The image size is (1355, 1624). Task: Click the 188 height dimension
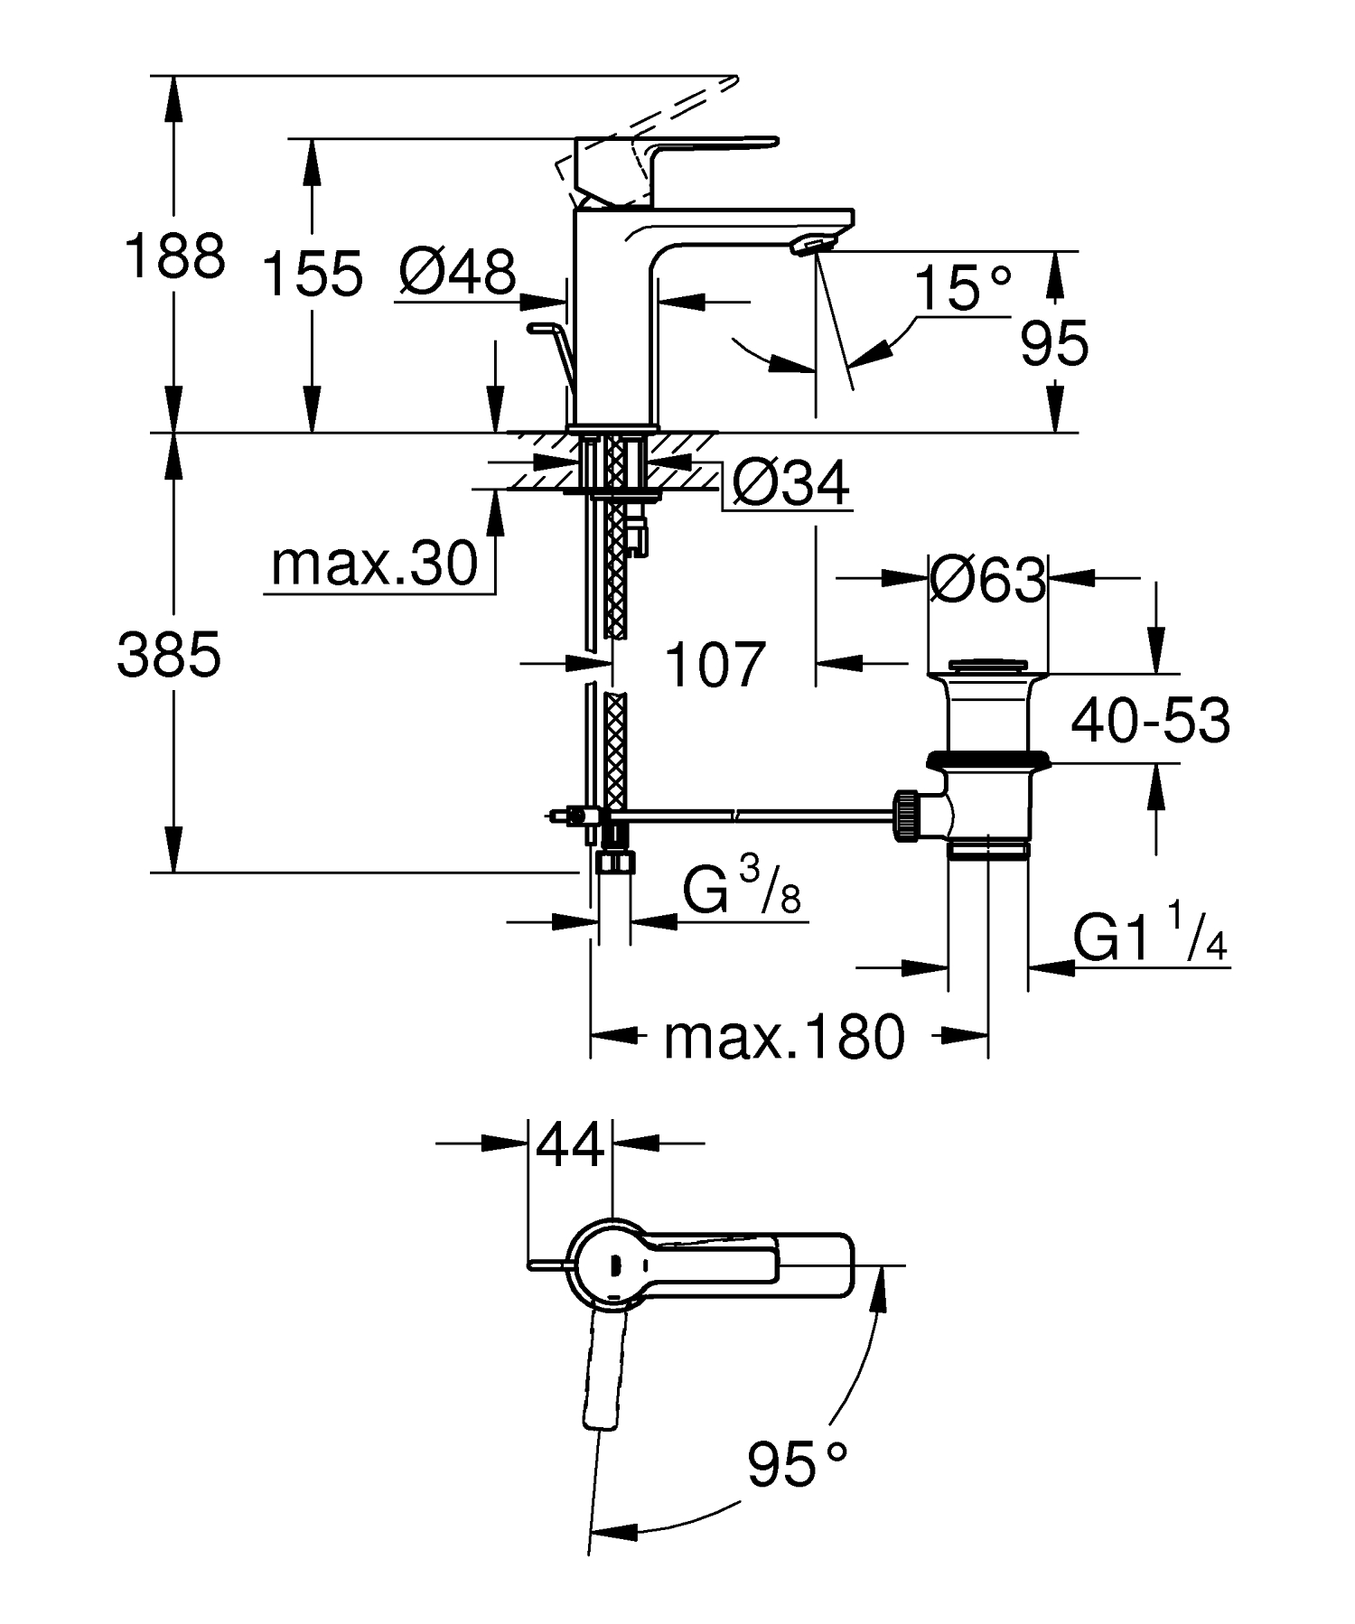[174, 256]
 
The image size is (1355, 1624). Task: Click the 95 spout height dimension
[1054, 344]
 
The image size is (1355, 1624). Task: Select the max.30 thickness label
[374, 565]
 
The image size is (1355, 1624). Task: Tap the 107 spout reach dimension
[715, 666]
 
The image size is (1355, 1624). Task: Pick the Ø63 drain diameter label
[987, 580]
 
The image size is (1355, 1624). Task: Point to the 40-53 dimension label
[1150, 721]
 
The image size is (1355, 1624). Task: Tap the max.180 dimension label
[783, 1036]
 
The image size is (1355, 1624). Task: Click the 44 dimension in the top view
[569, 1144]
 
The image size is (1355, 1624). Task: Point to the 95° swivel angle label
[798, 1464]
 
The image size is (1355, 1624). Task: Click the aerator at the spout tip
[810, 244]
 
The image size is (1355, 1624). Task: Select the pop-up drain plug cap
[988, 667]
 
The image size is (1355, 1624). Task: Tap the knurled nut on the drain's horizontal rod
[907, 816]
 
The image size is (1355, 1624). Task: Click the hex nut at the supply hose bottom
[615, 862]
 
